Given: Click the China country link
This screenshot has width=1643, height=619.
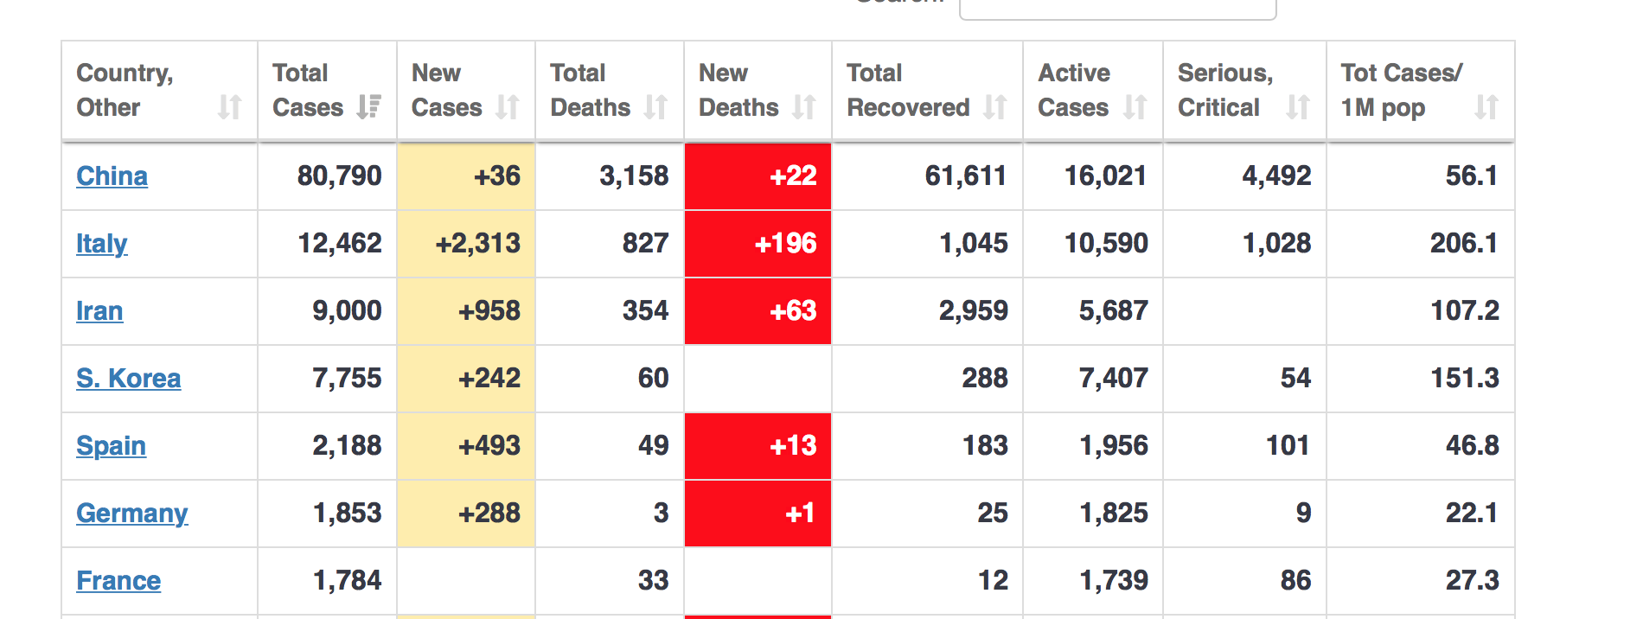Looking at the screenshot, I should [112, 176].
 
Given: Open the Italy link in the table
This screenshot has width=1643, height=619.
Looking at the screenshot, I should [101, 244].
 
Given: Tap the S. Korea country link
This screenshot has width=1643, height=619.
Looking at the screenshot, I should [128, 379].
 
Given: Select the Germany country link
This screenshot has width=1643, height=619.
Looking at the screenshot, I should [131, 514].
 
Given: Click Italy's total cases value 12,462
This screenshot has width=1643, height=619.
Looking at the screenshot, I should [340, 244].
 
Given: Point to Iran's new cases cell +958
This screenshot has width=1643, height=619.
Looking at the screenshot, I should [489, 311].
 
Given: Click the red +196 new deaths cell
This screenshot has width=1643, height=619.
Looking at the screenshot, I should [784, 244].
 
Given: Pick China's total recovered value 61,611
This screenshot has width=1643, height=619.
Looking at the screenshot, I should [965, 176].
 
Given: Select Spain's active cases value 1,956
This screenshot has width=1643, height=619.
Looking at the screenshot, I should [1113, 446].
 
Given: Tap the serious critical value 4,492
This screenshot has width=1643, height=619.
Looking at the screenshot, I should [1276, 176].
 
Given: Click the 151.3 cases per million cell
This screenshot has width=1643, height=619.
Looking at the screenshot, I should [1464, 379].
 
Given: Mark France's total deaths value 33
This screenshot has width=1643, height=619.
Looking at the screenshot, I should [653, 581].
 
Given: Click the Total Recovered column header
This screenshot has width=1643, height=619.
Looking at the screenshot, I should [908, 91].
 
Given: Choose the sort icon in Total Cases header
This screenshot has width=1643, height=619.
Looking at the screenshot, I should [369, 107].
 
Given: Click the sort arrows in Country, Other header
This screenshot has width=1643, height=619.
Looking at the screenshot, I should [229, 107].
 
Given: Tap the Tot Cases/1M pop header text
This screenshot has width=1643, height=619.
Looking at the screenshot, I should [1401, 91].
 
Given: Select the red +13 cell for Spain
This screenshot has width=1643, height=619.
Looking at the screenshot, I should [793, 446].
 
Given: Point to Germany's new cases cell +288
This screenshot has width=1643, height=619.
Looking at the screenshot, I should [489, 514].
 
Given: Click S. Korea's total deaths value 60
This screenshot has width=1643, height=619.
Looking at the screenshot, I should [653, 379].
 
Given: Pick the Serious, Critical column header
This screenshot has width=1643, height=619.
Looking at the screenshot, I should [1224, 91].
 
